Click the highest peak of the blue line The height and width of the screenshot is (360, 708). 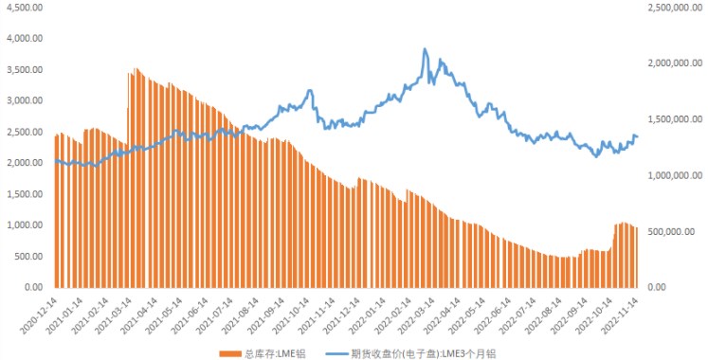click(425, 48)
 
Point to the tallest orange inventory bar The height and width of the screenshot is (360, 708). click(136, 68)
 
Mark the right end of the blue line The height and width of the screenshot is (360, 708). click(637, 137)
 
